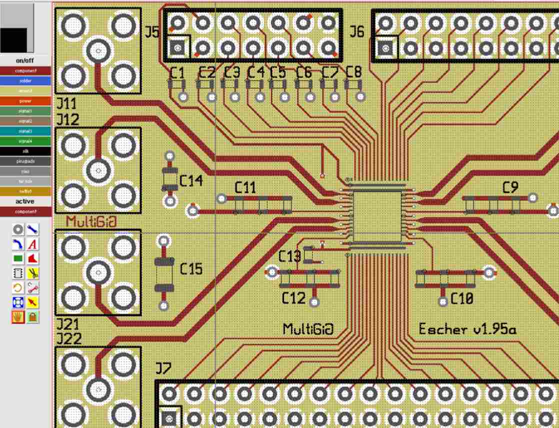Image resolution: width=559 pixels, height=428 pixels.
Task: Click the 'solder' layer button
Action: [x=25, y=81]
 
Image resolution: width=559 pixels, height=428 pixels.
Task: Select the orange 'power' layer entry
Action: [x=25, y=101]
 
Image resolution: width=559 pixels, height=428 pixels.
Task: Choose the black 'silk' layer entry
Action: [x=25, y=151]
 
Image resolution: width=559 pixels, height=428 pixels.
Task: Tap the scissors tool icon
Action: [x=33, y=273]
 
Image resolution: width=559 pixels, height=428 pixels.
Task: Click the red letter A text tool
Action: [x=33, y=244]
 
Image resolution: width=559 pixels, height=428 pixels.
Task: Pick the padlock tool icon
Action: [x=33, y=317]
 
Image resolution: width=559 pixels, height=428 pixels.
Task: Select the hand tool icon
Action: [x=18, y=317]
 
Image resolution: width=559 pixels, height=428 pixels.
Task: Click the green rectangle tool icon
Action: [x=18, y=259]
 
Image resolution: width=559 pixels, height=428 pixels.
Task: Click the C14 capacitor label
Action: [x=191, y=181]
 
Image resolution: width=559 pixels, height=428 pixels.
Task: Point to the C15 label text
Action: [x=191, y=269]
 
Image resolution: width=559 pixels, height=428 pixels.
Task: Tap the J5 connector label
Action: [x=152, y=32]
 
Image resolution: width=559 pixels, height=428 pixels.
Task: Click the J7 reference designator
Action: [x=163, y=369]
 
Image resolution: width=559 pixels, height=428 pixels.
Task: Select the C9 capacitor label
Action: [x=510, y=188]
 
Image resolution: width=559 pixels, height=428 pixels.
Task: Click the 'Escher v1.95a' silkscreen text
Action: [x=467, y=329]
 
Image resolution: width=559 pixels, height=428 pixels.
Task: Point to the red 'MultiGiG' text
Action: [x=91, y=221]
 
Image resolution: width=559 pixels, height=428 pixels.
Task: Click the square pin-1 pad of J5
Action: [x=177, y=48]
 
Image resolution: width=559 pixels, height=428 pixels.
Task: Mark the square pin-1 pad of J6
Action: [x=385, y=48]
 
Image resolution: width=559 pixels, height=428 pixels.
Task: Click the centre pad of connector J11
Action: [x=98, y=50]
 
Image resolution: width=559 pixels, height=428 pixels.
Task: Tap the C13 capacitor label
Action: [x=289, y=256]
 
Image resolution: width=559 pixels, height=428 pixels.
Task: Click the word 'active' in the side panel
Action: [x=25, y=201]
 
